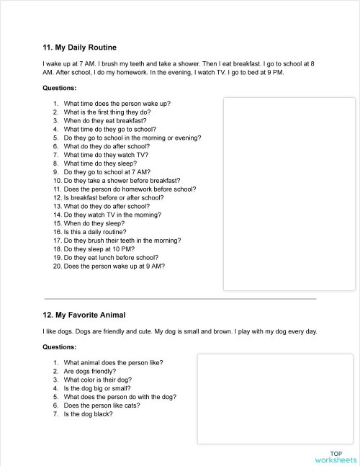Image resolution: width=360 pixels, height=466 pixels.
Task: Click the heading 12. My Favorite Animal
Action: (84, 315)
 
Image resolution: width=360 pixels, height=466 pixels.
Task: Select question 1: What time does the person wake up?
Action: (117, 103)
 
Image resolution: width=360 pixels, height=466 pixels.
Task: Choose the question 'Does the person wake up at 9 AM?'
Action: (114, 266)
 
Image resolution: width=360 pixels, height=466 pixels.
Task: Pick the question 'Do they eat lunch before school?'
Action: (111, 258)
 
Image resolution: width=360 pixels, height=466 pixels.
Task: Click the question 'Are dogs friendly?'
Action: (89, 371)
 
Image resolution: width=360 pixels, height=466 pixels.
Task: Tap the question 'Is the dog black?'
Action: (88, 414)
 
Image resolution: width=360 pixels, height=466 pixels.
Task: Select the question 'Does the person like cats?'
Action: (102, 405)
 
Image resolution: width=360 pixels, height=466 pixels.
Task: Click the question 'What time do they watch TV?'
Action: (106, 155)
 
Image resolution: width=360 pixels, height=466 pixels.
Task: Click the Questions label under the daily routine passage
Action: (60, 88)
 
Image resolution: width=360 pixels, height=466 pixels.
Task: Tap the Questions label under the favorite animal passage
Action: (60, 347)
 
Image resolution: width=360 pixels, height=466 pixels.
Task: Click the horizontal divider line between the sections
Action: (180, 298)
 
